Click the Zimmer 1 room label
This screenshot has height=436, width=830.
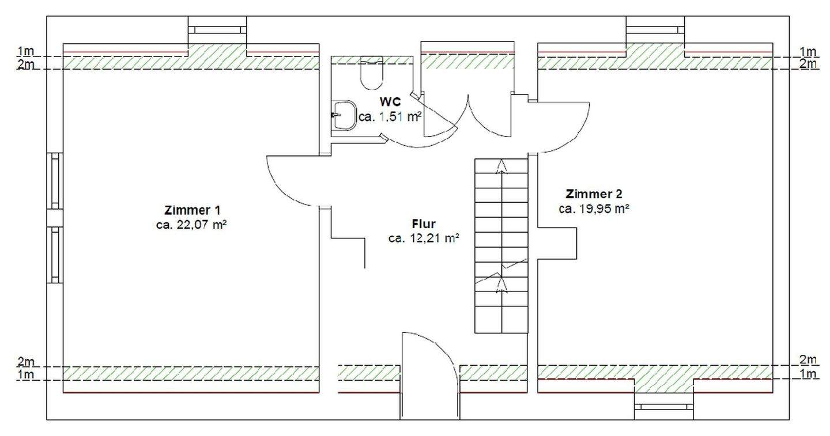click(x=192, y=210)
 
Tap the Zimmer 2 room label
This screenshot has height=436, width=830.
click(x=594, y=194)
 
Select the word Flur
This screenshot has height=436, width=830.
click(x=424, y=223)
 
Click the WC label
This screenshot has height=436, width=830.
click(x=390, y=101)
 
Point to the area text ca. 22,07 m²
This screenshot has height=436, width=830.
click(x=191, y=225)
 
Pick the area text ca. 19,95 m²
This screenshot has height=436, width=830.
click(x=594, y=209)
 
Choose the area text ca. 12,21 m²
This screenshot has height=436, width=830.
click(x=424, y=238)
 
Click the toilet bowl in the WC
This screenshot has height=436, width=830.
click(x=369, y=74)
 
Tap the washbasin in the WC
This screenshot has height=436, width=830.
click(x=344, y=115)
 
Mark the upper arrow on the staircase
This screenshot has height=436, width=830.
click(x=502, y=167)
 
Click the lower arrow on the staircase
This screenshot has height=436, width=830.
click(x=501, y=284)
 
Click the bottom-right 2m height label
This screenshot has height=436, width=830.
click(x=809, y=360)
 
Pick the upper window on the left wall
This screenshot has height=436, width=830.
click(x=55, y=180)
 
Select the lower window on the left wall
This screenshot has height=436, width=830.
click(x=55, y=255)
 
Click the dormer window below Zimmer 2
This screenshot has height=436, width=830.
click(x=664, y=407)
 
